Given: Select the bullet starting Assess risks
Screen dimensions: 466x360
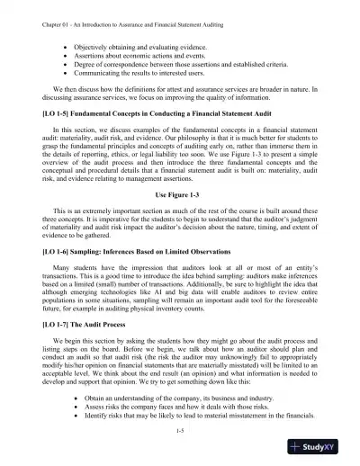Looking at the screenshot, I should point(154,407).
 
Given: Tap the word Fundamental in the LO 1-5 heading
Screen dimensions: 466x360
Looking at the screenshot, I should point(101,114).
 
